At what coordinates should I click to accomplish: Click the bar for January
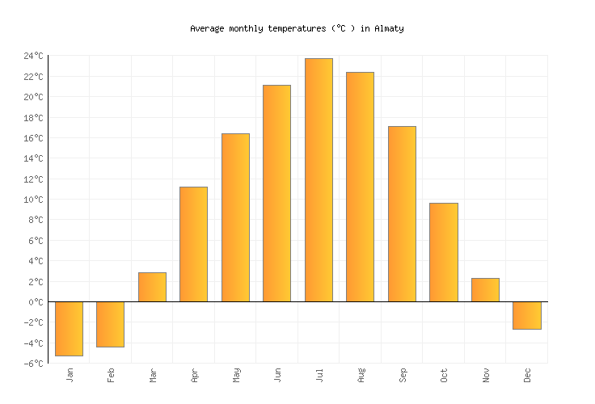click(69, 328)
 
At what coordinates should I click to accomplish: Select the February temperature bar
click(110, 324)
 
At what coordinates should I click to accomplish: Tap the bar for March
click(152, 287)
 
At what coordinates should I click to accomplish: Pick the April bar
click(193, 244)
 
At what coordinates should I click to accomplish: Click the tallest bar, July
click(319, 180)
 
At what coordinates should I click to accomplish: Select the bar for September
click(402, 214)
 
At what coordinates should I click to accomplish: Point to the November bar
click(485, 290)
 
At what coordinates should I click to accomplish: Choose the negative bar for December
click(526, 315)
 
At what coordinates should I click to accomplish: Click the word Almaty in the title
click(388, 28)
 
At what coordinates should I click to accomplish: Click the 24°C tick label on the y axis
click(33, 56)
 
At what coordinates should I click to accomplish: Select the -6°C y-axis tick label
click(33, 364)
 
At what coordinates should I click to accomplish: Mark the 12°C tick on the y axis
click(33, 179)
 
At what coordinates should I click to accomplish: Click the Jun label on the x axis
click(277, 376)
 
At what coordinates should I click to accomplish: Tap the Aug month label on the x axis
click(361, 376)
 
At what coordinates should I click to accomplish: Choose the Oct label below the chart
click(444, 376)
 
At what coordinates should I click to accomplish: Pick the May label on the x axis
click(235, 376)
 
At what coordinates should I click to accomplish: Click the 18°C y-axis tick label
click(33, 118)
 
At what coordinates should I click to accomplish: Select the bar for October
click(443, 252)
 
